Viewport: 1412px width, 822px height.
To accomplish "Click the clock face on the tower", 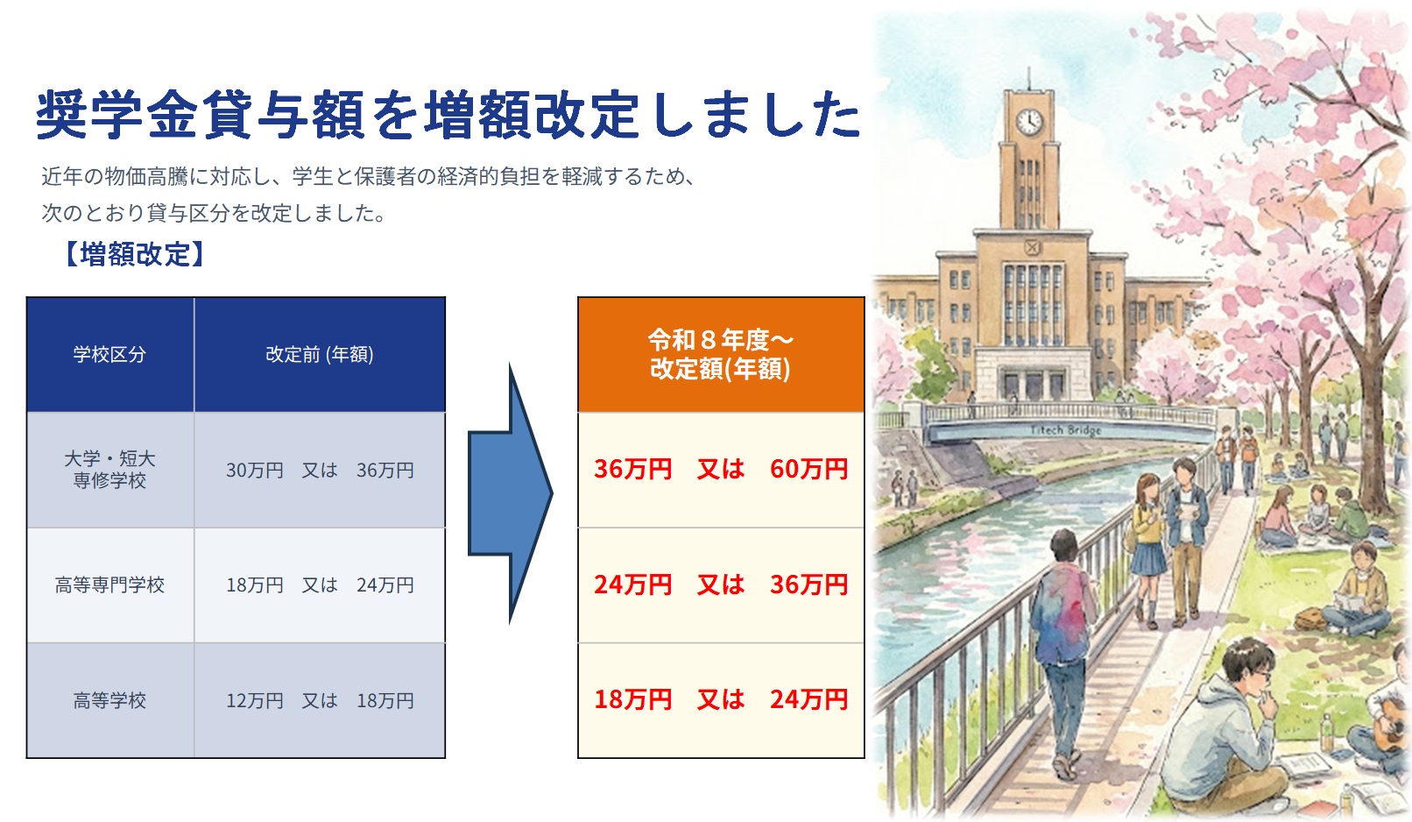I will pyautogui.click(x=1029, y=121).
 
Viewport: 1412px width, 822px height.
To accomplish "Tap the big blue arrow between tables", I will pyautogui.click(x=509, y=494).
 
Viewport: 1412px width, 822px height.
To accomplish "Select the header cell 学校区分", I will pyautogui.click(x=109, y=354).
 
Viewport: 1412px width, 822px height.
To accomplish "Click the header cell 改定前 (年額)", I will pyautogui.click(x=320, y=354).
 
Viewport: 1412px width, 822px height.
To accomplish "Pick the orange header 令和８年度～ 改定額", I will pyautogui.click(x=720, y=354).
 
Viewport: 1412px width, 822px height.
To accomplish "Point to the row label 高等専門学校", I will pyautogui.click(x=109, y=585).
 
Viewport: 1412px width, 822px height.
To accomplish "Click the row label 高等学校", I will pyautogui.click(x=109, y=700).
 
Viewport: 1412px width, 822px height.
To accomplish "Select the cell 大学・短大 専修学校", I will pyautogui.click(x=109, y=469).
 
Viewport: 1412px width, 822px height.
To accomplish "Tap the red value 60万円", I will pyautogui.click(x=808, y=469).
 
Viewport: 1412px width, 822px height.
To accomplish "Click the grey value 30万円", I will pyautogui.click(x=255, y=470).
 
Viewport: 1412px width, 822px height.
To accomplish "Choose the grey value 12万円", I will pyautogui.click(x=255, y=700).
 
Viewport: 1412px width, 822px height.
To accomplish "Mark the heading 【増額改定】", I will pyautogui.click(x=135, y=254).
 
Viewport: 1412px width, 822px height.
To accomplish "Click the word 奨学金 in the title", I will pyautogui.click(x=118, y=115).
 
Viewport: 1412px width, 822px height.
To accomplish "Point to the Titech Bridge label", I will pyautogui.click(x=1066, y=429).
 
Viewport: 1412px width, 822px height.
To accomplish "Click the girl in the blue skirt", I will pyautogui.click(x=1147, y=535).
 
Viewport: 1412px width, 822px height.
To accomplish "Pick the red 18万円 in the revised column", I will pyautogui.click(x=632, y=699).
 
